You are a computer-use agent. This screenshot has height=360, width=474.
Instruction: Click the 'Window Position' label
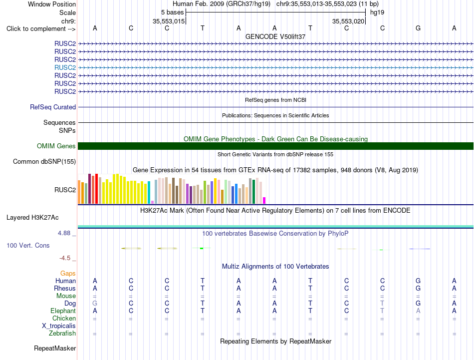coord(52,4)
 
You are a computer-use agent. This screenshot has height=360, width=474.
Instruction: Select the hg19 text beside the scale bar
coord(377,12)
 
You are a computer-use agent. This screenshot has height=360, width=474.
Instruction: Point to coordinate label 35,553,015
coord(168,21)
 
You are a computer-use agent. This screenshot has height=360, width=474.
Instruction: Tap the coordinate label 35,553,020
coord(348,21)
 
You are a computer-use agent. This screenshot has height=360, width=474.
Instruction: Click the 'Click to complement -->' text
coord(41,29)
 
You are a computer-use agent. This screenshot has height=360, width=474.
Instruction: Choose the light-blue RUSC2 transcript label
coord(65,67)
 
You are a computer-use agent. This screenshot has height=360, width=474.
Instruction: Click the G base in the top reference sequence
coord(418,28)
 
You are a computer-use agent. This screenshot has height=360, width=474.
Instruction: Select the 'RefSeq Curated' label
coord(53,107)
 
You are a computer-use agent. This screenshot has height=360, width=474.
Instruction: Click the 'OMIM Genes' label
coord(56,146)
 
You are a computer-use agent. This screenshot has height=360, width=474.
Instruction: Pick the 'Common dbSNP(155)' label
coord(44,162)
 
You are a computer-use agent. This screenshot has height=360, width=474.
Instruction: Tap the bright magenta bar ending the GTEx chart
coord(264,200)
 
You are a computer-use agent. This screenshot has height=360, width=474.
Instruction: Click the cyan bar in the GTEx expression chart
coord(149,192)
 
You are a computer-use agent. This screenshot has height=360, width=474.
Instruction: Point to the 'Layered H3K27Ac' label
coord(32,218)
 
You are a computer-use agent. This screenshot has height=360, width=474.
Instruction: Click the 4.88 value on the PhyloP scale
coord(64,233)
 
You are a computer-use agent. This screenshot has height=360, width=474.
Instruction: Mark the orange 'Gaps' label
coord(68,274)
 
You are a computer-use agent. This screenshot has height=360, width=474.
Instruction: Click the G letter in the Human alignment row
coord(418,281)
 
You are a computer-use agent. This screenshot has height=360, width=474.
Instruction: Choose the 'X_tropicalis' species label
coord(59,326)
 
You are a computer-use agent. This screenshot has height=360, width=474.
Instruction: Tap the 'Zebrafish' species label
coord(62,334)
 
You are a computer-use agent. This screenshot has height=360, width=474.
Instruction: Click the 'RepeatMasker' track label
coord(55,349)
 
